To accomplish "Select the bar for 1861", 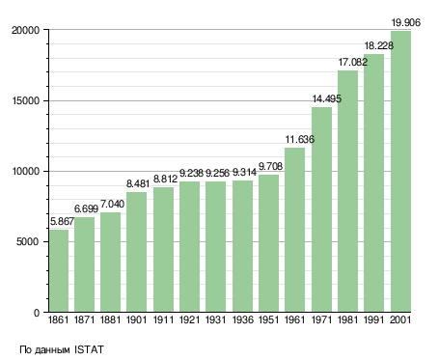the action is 59,270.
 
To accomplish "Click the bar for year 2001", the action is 400,172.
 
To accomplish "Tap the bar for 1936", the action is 242,246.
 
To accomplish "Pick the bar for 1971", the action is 321,209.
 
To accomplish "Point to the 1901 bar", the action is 136,252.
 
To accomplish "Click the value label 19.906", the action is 405,22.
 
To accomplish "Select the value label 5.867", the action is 62,221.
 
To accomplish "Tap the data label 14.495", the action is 327,98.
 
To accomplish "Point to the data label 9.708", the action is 270,166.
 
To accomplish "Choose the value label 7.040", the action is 112,204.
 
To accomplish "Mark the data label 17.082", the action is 352,62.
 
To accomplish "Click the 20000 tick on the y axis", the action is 25,30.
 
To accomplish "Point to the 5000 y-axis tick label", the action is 28,241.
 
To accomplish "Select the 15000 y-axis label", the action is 25,100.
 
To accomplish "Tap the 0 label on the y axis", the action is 37,313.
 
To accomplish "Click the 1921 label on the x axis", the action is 189,319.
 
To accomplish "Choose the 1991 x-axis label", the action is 374,319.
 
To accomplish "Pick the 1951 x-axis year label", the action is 268,319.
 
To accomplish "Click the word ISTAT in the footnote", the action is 89,349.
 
